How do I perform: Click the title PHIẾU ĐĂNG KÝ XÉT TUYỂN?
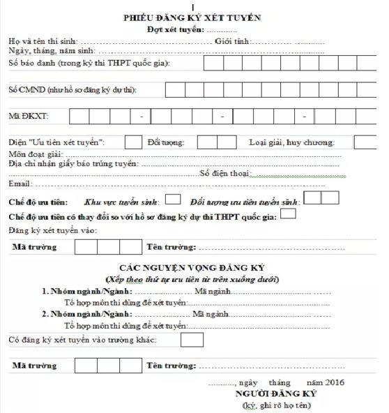(x=193, y=17)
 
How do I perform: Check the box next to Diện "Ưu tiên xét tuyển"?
(x=133, y=142)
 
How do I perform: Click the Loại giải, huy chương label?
(x=291, y=142)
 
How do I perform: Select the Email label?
(x=20, y=183)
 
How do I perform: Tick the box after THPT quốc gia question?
(x=287, y=215)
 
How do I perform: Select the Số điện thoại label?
(x=224, y=174)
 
